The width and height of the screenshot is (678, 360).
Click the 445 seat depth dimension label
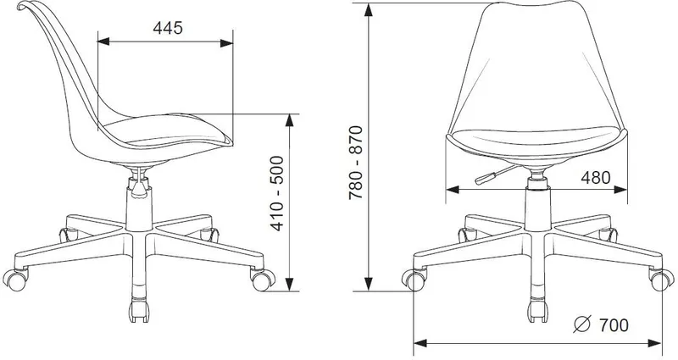pyautogui.click(x=168, y=28)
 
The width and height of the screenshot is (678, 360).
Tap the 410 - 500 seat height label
pyautogui.click(x=277, y=193)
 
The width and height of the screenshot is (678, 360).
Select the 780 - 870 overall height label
pyautogui.click(x=355, y=162)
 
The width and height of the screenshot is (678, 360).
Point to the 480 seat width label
pyautogui.click(x=596, y=178)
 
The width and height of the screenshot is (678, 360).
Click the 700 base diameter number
pyautogui.click(x=614, y=324)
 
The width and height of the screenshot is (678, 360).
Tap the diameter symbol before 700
pyautogui.click(x=582, y=324)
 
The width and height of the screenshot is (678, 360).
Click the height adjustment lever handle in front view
pyautogui.click(x=486, y=178)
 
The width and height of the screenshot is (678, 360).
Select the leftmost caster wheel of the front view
pyautogui.click(x=413, y=280)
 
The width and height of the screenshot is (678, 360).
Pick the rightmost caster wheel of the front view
pyautogui.click(x=662, y=280)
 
